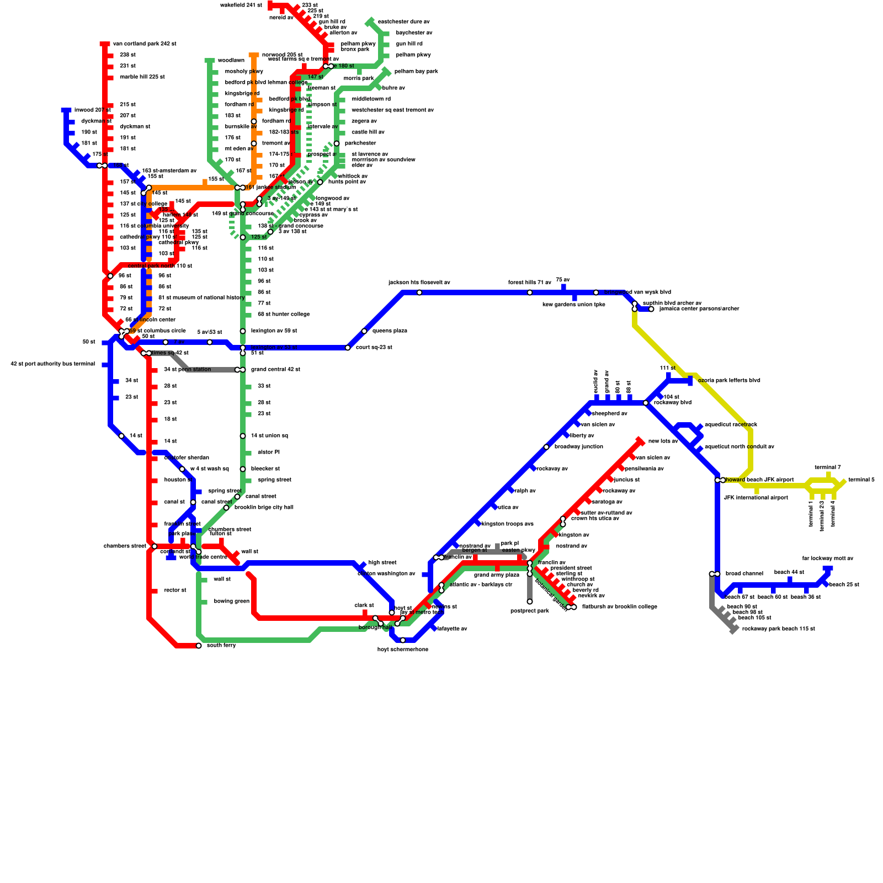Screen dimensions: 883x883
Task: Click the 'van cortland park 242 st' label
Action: [x=145, y=44]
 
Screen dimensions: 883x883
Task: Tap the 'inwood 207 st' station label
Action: [x=92, y=110]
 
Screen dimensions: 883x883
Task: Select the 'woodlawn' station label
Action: [x=231, y=61]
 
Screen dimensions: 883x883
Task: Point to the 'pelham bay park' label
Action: [x=416, y=72]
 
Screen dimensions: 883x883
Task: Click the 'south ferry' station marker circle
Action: [x=199, y=646]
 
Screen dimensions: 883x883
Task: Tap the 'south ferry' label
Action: [x=221, y=646]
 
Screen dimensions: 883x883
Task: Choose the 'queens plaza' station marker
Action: [x=364, y=331]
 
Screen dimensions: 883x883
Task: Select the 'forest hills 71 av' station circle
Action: [x=530, y=292]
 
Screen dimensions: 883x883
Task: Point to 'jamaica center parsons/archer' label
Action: [x=699, y=309]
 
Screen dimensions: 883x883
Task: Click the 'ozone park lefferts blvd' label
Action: [x=729, y=381]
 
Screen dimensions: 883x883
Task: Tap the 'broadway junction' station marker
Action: [x=546, y=447]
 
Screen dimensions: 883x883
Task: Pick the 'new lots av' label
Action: [x=663, y=441]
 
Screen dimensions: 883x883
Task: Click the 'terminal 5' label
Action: [x=861, y=480]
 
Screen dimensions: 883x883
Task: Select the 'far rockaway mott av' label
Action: [x=828, y=558]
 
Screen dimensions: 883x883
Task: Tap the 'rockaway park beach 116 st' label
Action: [x=778, y=629]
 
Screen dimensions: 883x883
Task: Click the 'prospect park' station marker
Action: [x=530, y=602]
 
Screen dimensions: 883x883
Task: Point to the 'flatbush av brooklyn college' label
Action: [x=619, y=607]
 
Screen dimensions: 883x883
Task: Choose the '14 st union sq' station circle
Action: [x=243, y=436]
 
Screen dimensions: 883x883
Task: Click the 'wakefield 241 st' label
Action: [x=241, y=6]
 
